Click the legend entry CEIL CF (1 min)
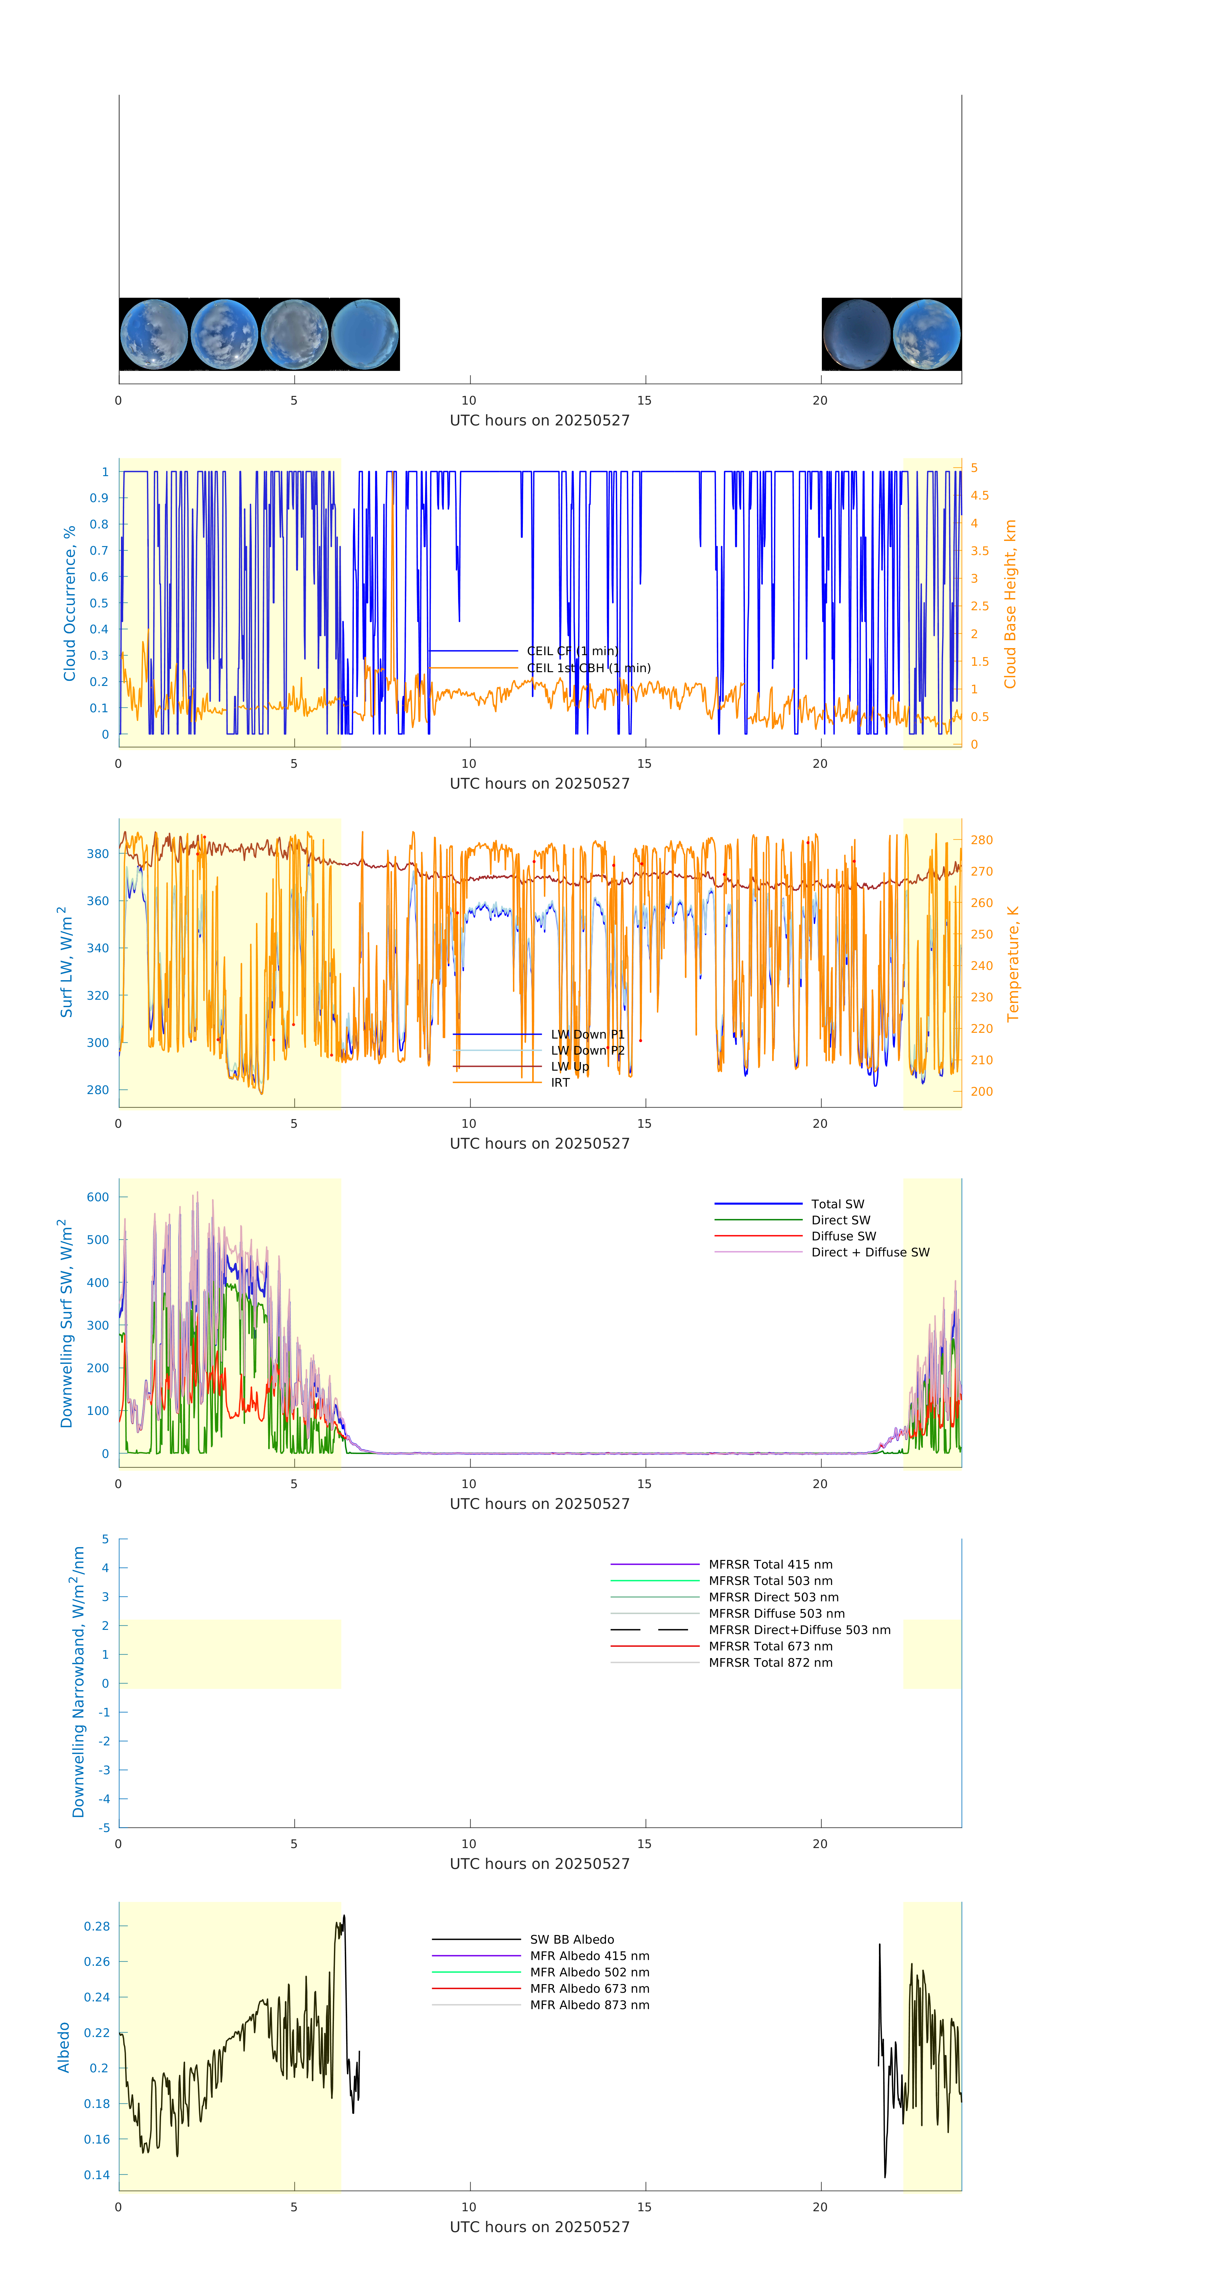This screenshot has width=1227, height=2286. pos(571,650)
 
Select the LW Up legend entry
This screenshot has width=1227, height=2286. pos(570,1066)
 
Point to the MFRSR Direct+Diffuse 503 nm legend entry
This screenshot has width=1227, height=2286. pos(798,1629)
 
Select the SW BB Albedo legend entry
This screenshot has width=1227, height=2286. pos(571,1939)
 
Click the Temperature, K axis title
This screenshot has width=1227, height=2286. pos(1012,964)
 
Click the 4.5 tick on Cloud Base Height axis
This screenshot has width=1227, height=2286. pos(979,495)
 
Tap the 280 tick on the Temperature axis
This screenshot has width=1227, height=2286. pos(981,840)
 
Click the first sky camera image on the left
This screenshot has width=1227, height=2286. pos(153,334)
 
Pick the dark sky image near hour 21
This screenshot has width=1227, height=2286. pos(856,334)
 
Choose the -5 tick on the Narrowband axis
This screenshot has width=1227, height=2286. pos(105,1827)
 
